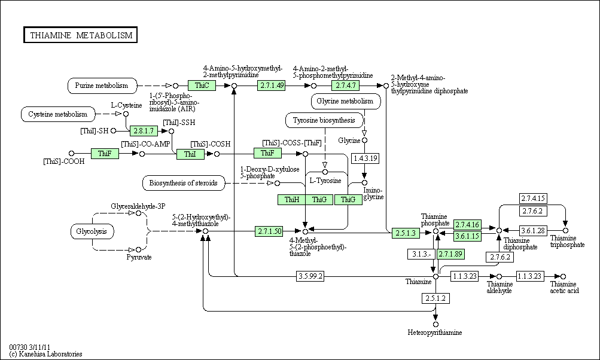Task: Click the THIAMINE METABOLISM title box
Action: (80, 35)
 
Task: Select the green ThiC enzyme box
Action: (202, 86)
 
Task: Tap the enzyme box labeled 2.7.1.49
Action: (272, 86)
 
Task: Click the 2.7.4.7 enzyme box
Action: (344, 86)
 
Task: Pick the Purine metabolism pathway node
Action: (102, 86)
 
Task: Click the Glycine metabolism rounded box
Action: (346, 102)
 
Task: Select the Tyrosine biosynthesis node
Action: (324, 121)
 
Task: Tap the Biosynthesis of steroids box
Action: (184, 182)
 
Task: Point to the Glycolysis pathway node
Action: (92, 230)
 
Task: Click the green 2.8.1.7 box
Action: (144, 130)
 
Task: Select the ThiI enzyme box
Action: (190, 154)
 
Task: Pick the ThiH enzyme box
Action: (292, 200)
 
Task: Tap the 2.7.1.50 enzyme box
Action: (269, 231)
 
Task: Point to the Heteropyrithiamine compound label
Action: (435, 332)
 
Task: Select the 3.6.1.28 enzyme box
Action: (533, 230)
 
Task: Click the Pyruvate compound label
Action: (139, 257)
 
